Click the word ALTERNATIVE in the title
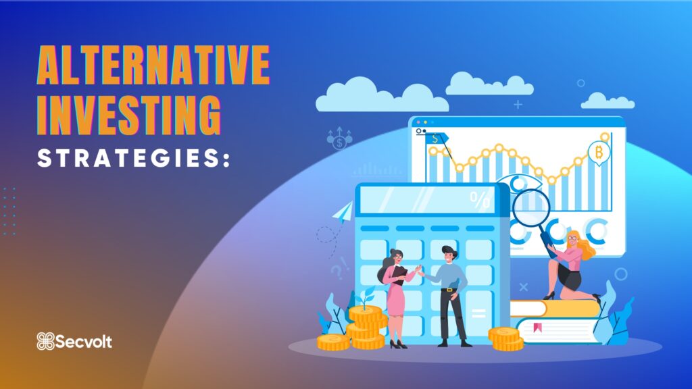point(153,65)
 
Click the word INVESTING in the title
point(128,115)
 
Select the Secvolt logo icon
point(45,341)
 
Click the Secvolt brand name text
point(84,342)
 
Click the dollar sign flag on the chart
point(436,139)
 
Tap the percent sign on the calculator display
point(480,200)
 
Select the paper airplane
point(344,211)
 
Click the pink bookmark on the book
point(537,328)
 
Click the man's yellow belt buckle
point(449,290)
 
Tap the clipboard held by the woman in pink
point(399,274)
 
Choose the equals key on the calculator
point(478,313)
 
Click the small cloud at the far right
point(608,101)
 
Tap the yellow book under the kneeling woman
point(555,308)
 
